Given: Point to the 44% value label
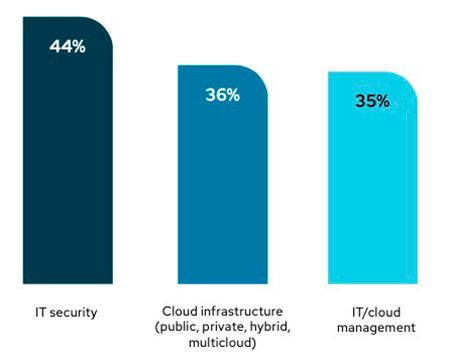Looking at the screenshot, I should click(x=67, y=46).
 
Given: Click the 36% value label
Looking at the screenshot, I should click(x=223, y=95).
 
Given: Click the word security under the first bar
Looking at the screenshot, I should click(x=76, y=313).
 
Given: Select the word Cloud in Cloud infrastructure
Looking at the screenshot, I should click(x=176, y=313).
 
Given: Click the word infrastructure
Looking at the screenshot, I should click(x=239, y=313).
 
